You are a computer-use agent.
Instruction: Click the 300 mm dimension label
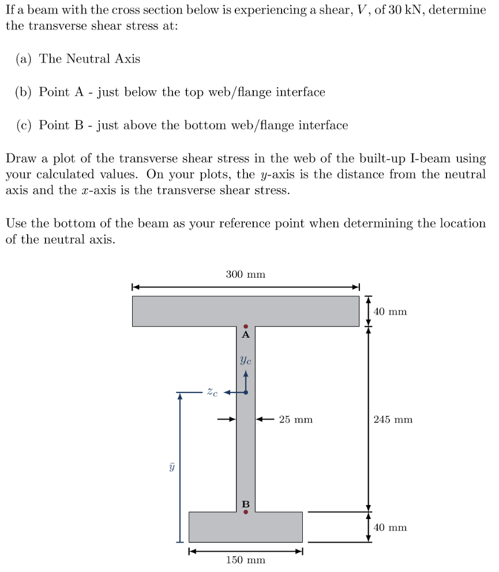245,274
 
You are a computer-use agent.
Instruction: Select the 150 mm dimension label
245,560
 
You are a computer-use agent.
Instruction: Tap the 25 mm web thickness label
295,420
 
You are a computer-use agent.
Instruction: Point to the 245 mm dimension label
393,420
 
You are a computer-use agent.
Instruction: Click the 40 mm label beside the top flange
390,312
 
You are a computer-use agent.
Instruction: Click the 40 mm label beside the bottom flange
390,527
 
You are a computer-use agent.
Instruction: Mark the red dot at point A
246,327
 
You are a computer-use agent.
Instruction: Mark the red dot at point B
246,511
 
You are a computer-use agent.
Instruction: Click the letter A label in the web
246,334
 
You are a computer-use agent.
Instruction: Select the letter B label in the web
246,504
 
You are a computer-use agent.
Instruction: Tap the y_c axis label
245,360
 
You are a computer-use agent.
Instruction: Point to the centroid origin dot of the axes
246,392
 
